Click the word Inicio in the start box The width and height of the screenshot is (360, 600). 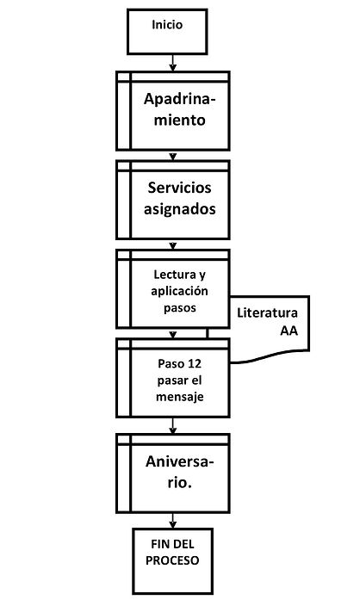(167, 25)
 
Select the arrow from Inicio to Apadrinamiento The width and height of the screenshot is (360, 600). (173, 63)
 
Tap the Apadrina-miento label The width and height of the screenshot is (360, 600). (180, 109)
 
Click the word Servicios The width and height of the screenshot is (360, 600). (180, 188)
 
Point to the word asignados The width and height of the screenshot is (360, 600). (180, 209)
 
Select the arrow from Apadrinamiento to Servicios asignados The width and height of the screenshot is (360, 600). (173, 156)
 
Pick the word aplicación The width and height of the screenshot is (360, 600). (179, 291)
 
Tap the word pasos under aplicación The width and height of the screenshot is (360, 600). (180, 308)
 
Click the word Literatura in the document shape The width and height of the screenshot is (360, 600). (267, 312)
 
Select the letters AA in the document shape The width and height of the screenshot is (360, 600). (289, 331)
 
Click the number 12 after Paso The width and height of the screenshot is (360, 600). (195, 363)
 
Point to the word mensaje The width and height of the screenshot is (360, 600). (180, 397)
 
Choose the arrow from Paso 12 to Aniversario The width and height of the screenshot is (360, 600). (173, 426)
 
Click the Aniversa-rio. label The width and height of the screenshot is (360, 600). (180, 472)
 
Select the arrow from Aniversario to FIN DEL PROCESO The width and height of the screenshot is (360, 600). (173, 521)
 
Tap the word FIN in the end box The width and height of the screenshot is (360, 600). (159, 544)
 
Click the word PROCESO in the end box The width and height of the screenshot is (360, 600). (172, 560)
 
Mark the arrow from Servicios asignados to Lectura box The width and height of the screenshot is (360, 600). (173, 244)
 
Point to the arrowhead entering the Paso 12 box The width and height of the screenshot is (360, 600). (173, 335)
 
